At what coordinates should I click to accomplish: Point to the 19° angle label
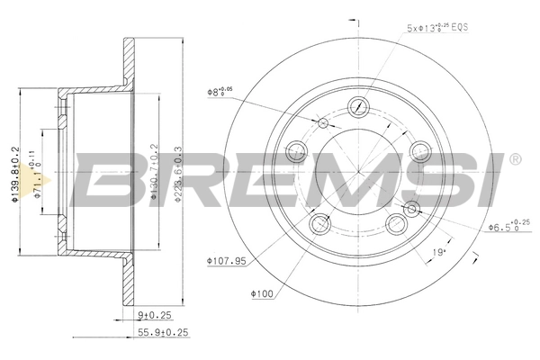438,252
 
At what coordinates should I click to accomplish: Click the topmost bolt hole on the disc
359,105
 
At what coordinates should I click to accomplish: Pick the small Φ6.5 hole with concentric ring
413,210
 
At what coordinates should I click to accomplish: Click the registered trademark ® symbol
514,159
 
